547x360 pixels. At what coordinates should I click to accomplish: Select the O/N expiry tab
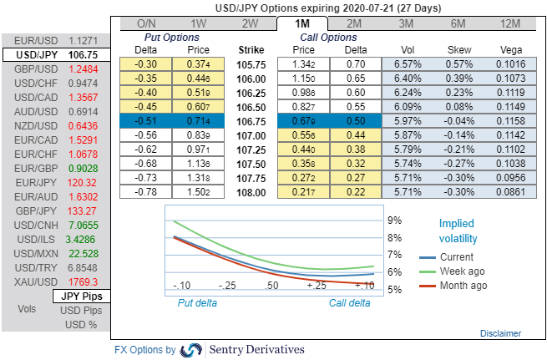(x=146, y=23)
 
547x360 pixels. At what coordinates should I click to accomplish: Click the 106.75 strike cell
(x=251, y=120)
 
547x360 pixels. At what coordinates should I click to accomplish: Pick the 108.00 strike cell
(x=251, y=192)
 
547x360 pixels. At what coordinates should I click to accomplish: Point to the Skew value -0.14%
(x=457, y=135)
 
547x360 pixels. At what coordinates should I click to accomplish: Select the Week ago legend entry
(x=462, y=271)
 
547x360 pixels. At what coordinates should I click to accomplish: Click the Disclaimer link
(x=500, y=333)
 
